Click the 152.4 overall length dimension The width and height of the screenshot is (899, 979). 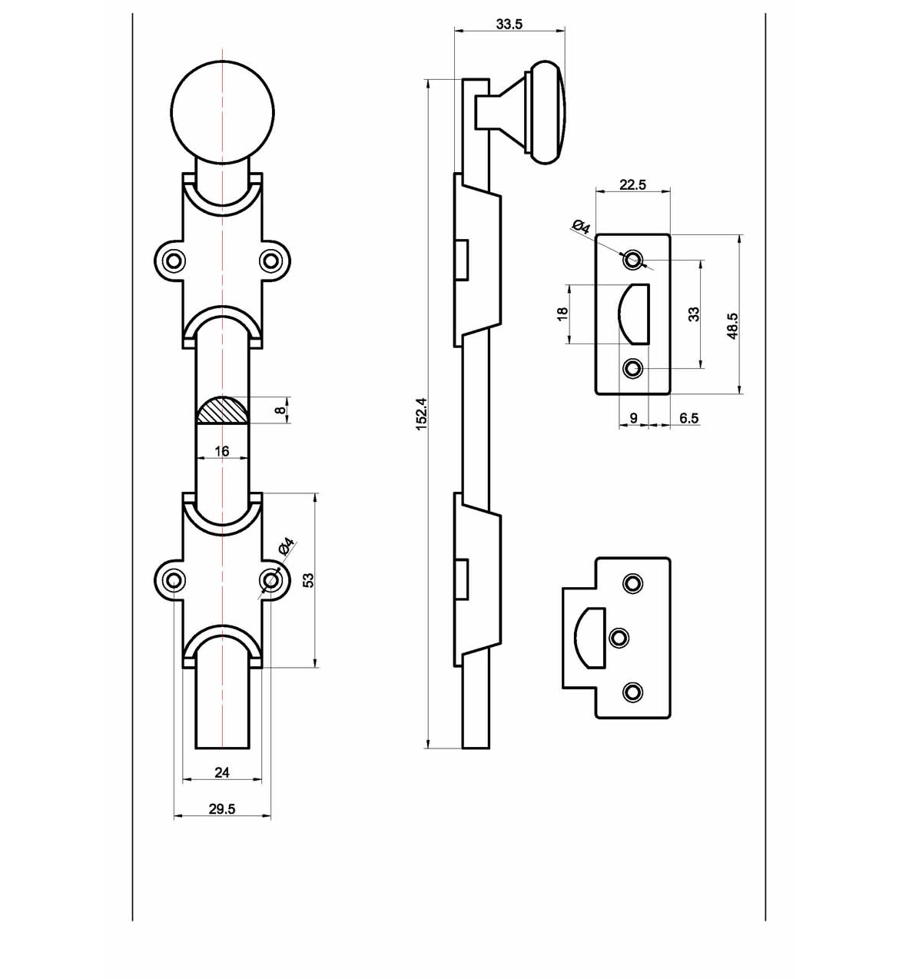coord(421,413)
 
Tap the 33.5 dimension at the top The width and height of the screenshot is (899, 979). coord(509,24)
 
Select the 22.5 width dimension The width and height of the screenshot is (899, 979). coord(632,184)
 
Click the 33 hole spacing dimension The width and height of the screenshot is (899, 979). coord(694,314)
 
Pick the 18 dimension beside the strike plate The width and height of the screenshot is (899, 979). coord(562,314)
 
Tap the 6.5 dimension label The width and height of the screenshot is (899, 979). coord(688,418)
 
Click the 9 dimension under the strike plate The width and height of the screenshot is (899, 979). coord(633,418)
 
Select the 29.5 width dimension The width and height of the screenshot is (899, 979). coord(222,808)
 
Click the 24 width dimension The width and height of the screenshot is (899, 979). coord(222,772)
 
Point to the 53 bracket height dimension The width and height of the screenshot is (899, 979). coord(308,580)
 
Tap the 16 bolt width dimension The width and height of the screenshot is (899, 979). coord(222,451)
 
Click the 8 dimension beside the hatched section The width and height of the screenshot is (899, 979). coord(281,410)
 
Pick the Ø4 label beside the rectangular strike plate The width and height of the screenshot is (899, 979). coord(581,227)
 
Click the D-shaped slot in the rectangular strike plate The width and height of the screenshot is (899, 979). coord(636,314)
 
